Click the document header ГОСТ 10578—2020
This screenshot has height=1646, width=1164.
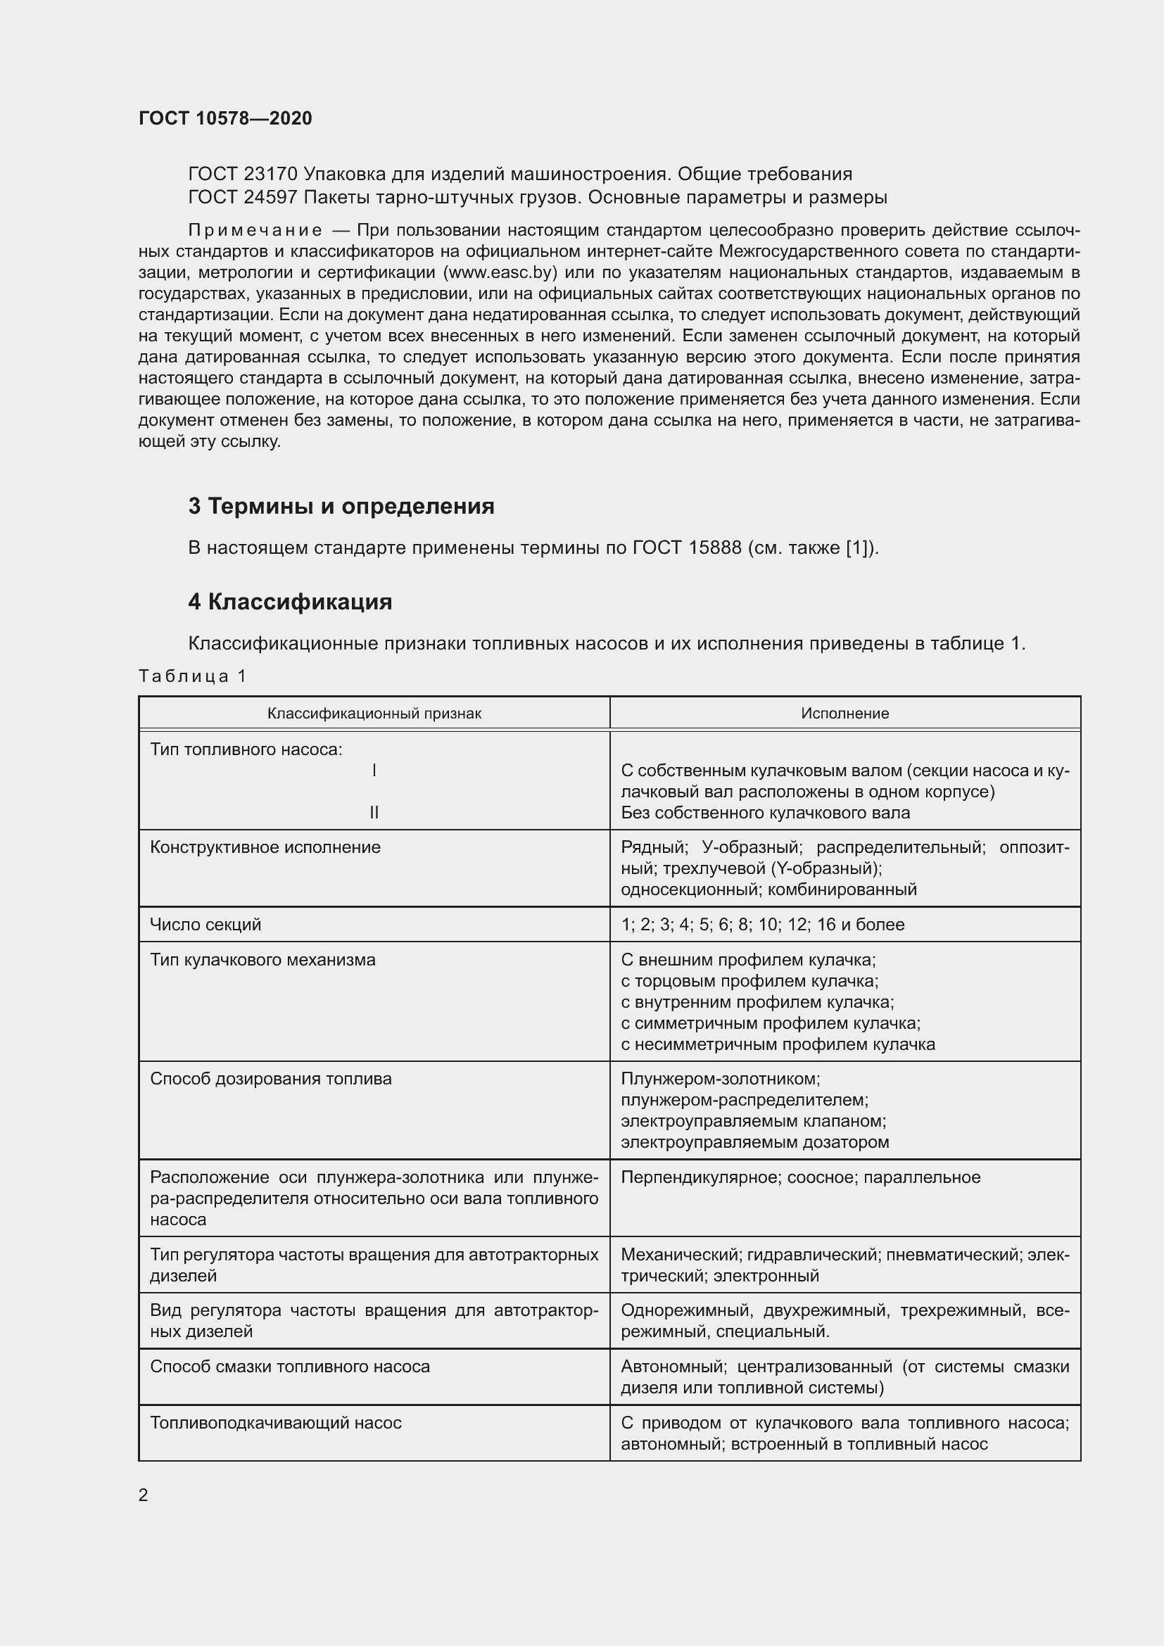pyautogui.click(x=225, y=118)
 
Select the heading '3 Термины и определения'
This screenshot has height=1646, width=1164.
pyautogui.click(x=341, y=506)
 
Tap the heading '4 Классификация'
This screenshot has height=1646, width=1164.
pyautogui.click(x=290, y=602)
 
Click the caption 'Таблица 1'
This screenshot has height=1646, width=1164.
pyautogui.click(x=192, y=676)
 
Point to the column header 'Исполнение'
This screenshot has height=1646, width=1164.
pyautogui.click(x=844, y=714)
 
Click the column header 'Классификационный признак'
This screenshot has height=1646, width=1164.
pyautogui.click(x=374, y=714)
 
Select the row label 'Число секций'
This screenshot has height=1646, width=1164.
pyautogui.click(x=205, y=924)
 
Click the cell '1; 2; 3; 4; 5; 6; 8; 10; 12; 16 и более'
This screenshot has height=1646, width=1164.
pyautogui.click(x=762, y=924)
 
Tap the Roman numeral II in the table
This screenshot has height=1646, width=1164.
pyautogui.click(x=374, y=812)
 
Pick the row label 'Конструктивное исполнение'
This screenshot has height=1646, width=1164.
pyautogui.click(x=265, y=847)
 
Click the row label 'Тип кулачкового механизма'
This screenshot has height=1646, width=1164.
pyautogui.click(x=262, y=959)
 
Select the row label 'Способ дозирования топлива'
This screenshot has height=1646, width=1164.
pyautogui.click(x=270, y=1079)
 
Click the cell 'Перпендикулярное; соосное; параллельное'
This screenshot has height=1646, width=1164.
pyautogui.click(x=800, y=1177)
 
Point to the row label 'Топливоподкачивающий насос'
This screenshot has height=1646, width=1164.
pyautogui.click(x=275, y=1422)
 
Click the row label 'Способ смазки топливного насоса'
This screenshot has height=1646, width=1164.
pyautogui.click(x=289, y=1367)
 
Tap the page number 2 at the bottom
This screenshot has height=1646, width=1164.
pyautogui.click(x=144, y=1495)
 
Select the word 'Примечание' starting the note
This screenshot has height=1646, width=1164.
pyautogui.click(x=255, y=230)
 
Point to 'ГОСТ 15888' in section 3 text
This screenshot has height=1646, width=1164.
pyautogui.click(x=687, y=547)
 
